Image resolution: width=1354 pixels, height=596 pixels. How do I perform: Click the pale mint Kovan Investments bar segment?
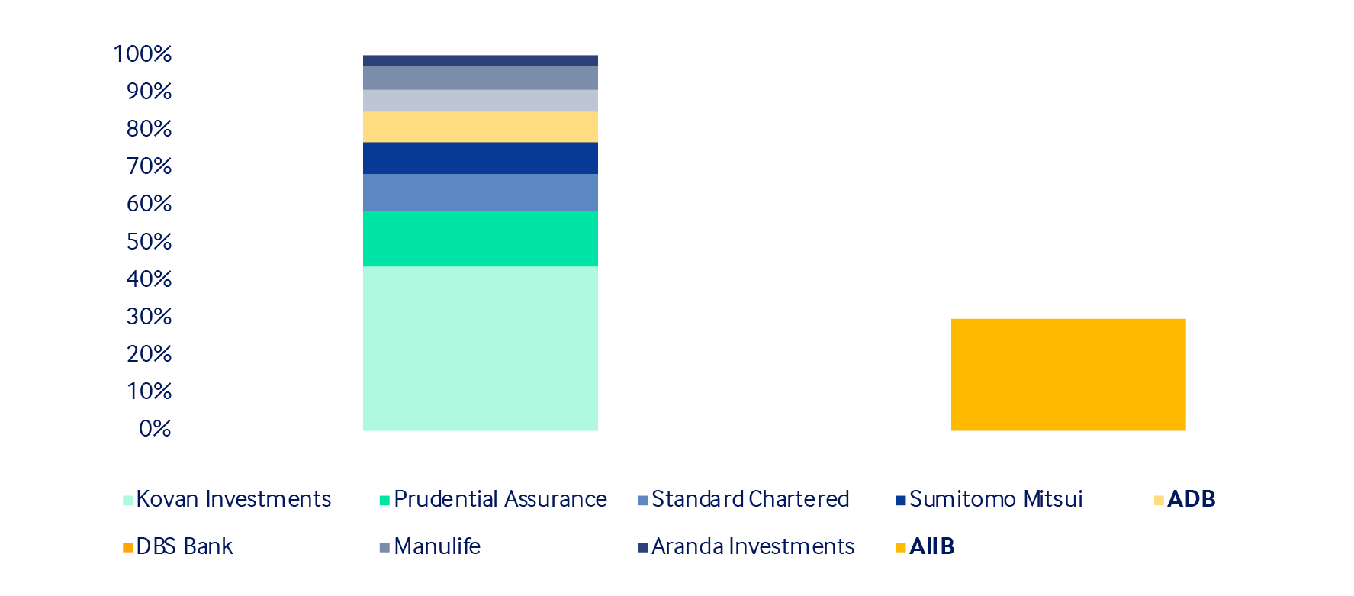click(481, 348)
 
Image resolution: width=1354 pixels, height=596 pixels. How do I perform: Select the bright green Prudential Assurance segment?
click(481, 239)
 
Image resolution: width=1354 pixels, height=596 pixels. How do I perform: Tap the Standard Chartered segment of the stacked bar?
click(481, 192)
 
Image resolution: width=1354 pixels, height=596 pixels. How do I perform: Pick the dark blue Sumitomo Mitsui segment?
click(481, 158)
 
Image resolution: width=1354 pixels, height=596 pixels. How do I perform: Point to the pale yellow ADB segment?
click(481, 127)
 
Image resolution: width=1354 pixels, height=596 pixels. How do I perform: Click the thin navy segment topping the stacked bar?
click(481, 61)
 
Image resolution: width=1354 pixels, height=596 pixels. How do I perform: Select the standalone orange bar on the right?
click(1068, 375)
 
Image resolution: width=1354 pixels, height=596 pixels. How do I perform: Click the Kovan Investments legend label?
click(233, 499)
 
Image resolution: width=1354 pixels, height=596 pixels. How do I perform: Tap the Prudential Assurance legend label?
click(500, 499)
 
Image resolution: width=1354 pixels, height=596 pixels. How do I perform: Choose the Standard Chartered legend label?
click(750, 499)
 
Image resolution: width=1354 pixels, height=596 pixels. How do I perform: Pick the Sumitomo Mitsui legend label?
click(996, 499)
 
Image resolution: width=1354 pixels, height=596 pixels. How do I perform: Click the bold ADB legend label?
click(1191, 499)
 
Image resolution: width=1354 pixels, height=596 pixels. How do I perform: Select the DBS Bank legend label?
click(185, 546)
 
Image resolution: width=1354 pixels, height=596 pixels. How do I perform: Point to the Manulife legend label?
click(437, 546)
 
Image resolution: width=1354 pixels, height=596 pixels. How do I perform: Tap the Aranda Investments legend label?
click(753, 546)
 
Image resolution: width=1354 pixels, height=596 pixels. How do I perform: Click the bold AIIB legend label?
click(932, 546)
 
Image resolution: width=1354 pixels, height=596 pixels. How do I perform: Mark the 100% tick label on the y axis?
click(143, 54)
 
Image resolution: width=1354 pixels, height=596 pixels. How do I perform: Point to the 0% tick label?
click(156, 429)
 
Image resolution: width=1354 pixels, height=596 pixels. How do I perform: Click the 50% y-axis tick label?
click(150, 242)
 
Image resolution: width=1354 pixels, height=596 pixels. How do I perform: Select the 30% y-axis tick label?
click(150, 317)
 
